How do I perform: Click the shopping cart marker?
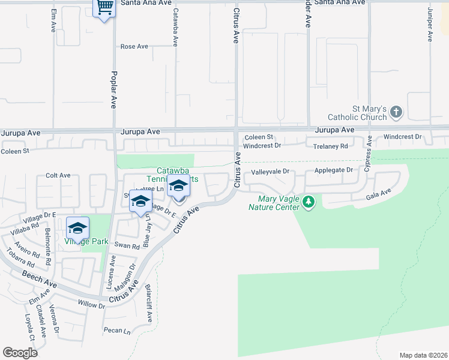(105, 8)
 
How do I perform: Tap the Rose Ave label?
(134, 46)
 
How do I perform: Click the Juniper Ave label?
(430, 25)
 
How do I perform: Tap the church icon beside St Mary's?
(396, 112)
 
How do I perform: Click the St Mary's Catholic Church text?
(358, 113)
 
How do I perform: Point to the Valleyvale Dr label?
(270, 172)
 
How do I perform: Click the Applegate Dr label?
(333, 170)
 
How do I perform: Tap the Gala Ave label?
(379, 194)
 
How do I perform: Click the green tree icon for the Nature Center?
(309, 202)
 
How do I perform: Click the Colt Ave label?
(58, 175)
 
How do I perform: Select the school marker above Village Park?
(77, 229)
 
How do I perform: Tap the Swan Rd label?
(127, 245)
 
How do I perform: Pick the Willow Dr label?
(91, 305)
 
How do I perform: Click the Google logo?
(20, 353)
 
